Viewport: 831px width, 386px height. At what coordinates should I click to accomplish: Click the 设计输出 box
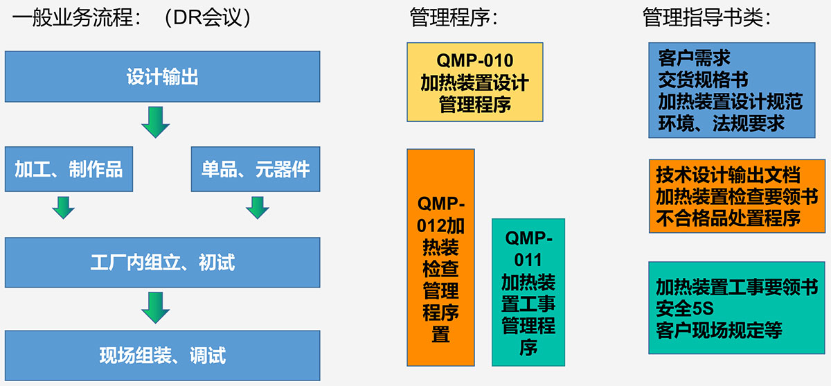[x=163, y=76]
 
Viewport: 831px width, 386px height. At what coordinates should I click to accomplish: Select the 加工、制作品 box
[x=69, y=169]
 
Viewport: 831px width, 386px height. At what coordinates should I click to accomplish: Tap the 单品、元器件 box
[x=256, y=169]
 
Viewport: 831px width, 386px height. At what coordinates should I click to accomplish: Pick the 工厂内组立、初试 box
[x=163, y=263]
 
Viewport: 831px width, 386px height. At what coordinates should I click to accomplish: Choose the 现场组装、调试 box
[x=163, y=356]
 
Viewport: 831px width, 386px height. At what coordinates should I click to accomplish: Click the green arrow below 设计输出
[x=156, y=123]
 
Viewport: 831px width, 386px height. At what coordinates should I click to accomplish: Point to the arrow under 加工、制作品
[x=64, y=208]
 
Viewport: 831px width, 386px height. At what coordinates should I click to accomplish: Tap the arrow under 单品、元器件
[x=258, y=208]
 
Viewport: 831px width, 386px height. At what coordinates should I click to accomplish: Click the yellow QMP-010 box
[x=475, y=82]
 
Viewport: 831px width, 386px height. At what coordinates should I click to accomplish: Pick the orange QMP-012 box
[x=440, y=258]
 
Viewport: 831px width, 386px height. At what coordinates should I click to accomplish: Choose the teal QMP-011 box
[x=528, y=292]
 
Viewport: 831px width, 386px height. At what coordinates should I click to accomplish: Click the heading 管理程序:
[x=454, y=17]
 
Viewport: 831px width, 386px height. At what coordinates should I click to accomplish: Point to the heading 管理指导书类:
[x=707, y=17]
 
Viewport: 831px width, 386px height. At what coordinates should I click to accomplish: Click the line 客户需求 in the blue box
[x=694, y=58]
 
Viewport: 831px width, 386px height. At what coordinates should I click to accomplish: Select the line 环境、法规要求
[x=721, y=123]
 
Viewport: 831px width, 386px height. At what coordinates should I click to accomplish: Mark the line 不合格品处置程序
[x=729, y=218]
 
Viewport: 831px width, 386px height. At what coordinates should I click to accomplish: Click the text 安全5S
[x=685, y=308]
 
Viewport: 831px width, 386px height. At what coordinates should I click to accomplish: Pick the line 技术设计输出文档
[x=729, y=175]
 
